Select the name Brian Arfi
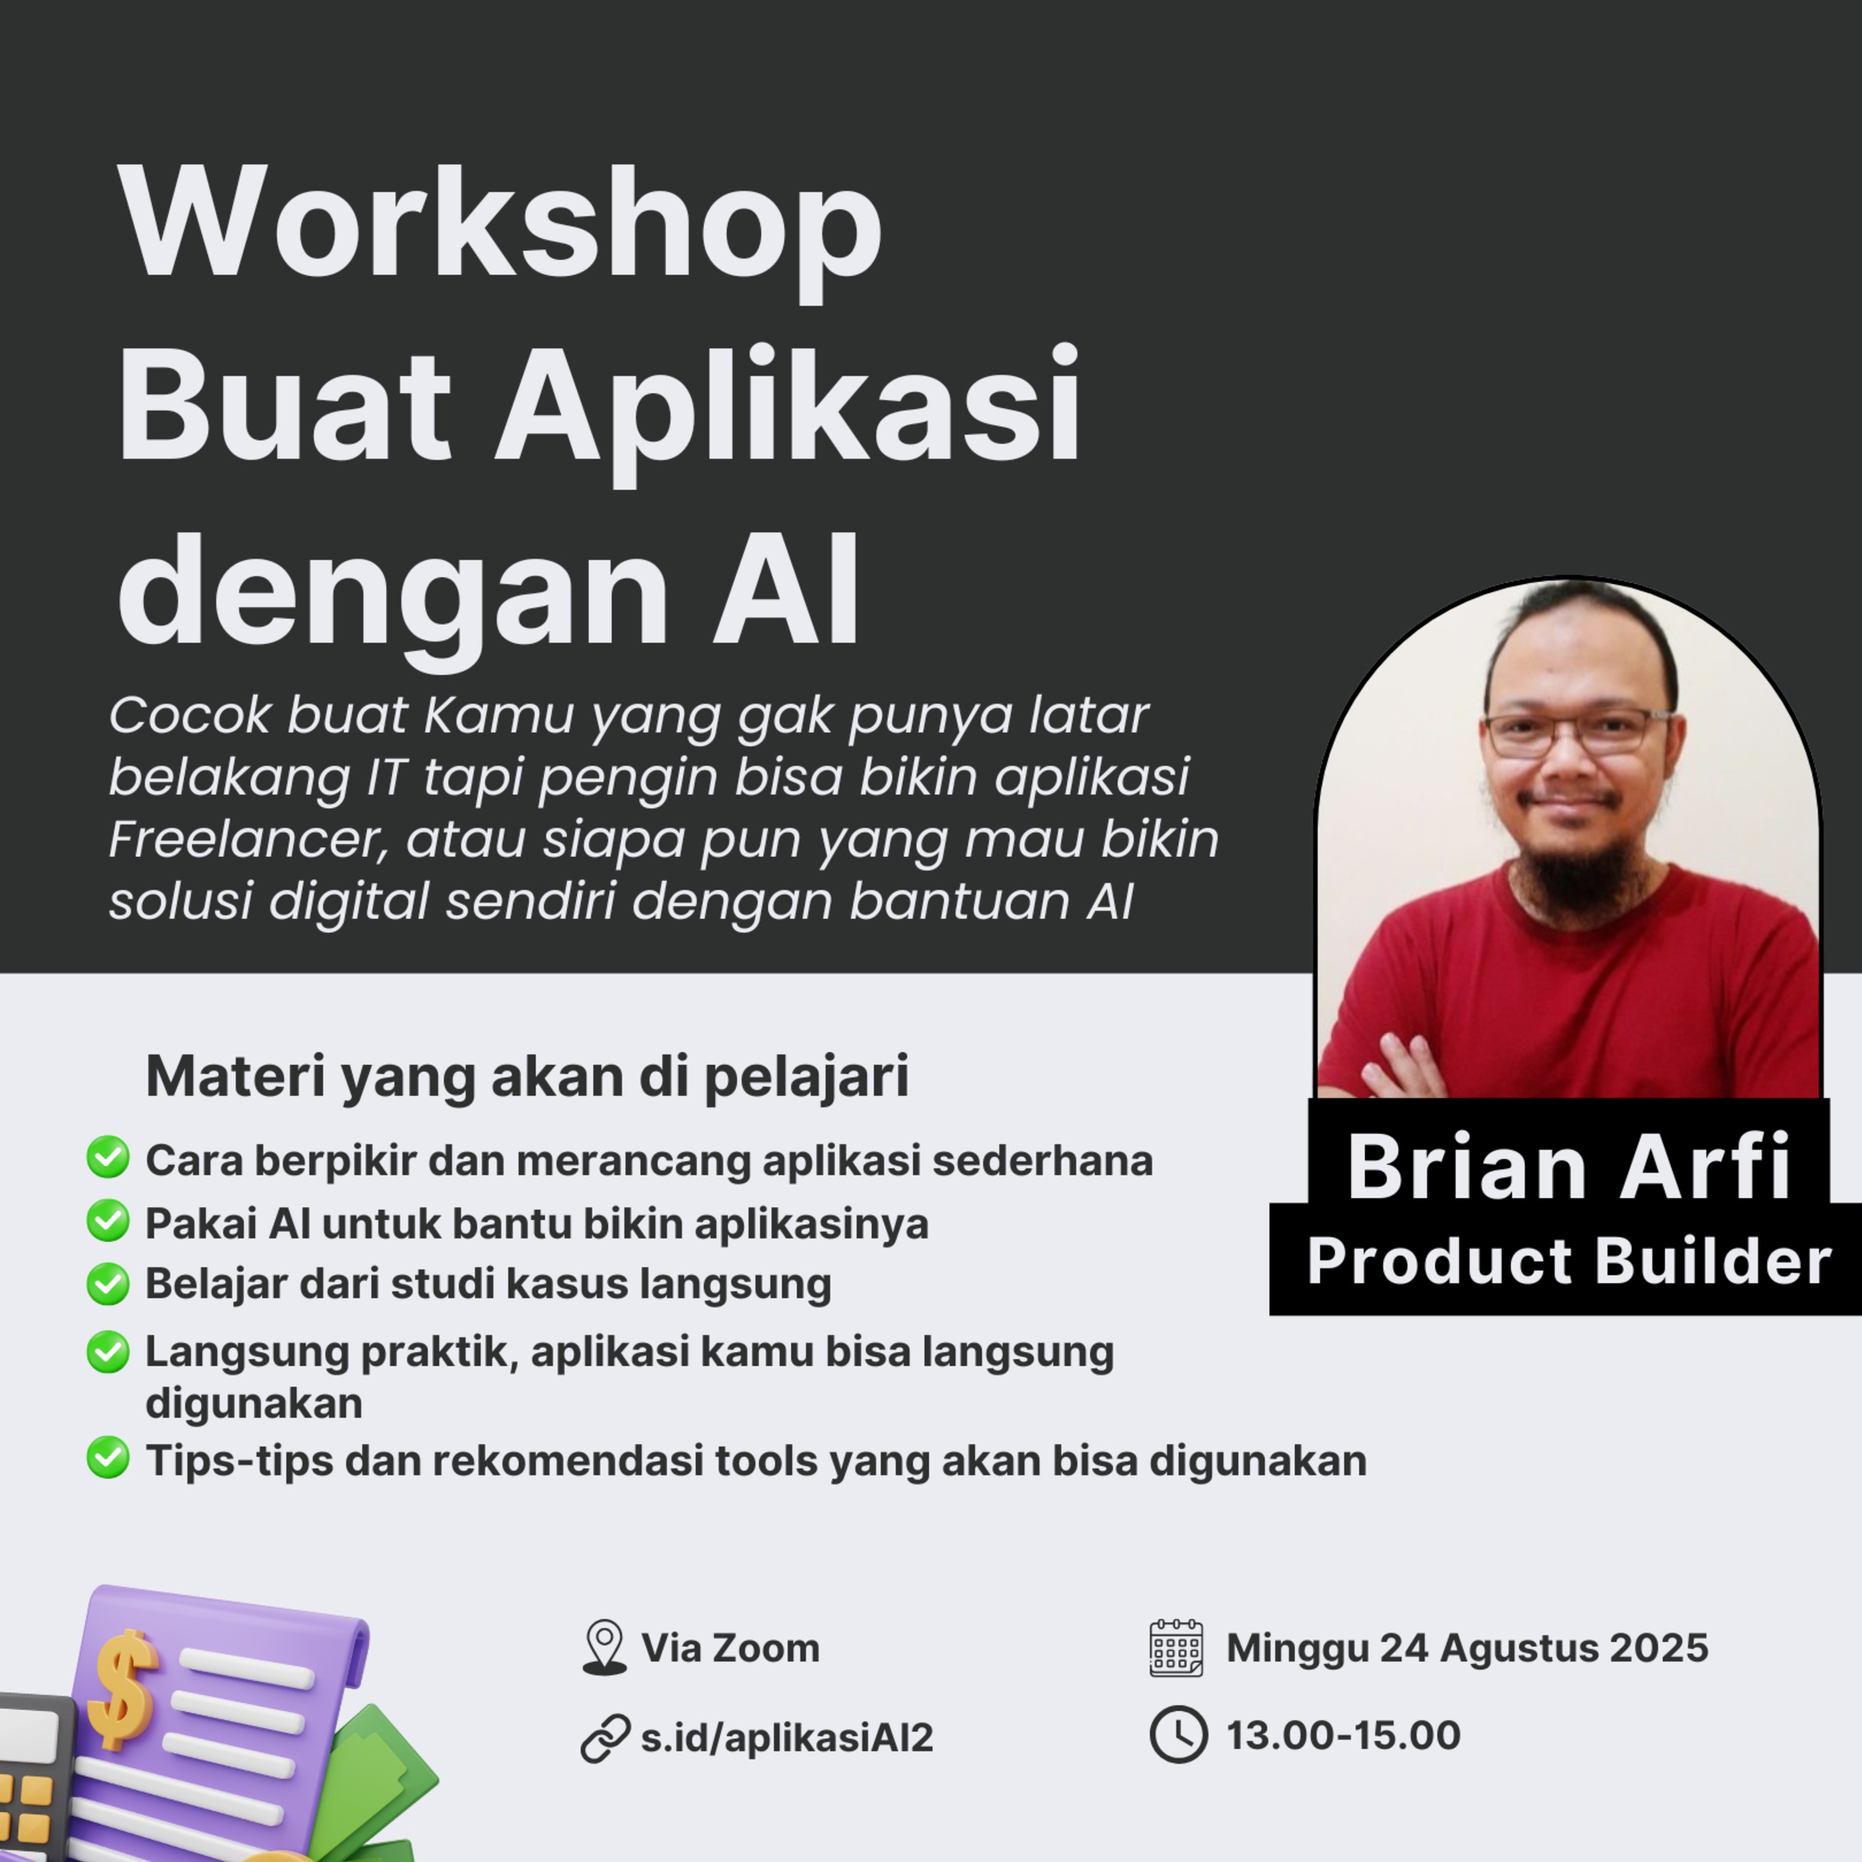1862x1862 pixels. pos(1569,1167)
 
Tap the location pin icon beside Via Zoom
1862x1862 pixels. pos(604,1647)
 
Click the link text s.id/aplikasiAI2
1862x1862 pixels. pos(787,1737)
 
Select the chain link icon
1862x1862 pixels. pos(606,1739)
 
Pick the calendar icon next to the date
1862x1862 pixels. pos(1177,1648)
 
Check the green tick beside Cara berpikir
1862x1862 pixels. pos(108,1157)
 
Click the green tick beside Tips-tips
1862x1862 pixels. pos(108,1457)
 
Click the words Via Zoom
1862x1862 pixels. pos(731,1648)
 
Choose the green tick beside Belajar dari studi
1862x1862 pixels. pos(108,1284)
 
